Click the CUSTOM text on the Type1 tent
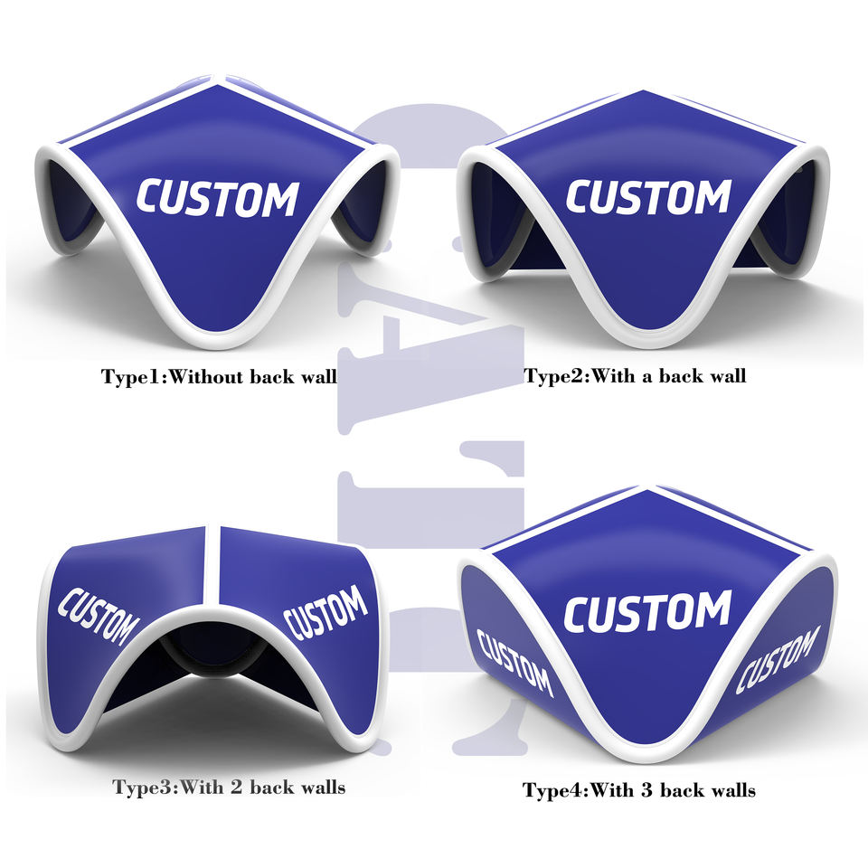click(217, 198)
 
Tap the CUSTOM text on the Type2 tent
click(647, 196)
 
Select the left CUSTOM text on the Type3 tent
click(99, 618)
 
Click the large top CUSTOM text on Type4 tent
click(647, 612)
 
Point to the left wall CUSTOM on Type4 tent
click(514, 662)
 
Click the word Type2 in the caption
click(554, 375)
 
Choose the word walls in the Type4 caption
click(729, 790)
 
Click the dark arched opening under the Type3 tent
click(208, 656)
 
